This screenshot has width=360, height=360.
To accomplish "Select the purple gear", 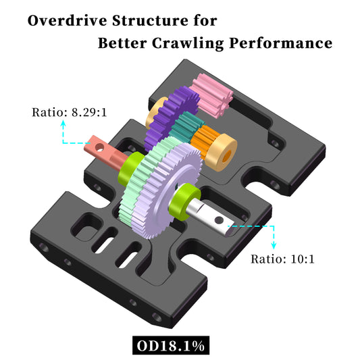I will pos(166,111).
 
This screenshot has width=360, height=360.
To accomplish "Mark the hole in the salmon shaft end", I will pos(99,145).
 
